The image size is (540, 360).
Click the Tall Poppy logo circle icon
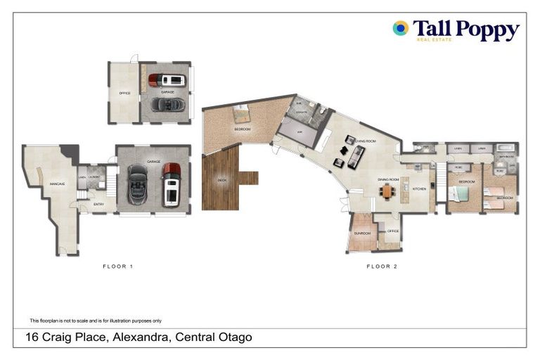click(400, 28)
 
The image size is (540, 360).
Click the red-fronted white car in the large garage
click(171, 184)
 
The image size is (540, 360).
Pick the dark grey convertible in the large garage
click(138, 185)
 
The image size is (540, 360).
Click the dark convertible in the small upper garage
click(168, 104)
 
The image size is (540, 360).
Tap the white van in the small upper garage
click(167, 79)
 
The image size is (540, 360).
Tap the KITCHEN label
click(419, 188)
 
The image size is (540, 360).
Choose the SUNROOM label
click(362, 232)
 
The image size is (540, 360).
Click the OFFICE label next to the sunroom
click(392, 231)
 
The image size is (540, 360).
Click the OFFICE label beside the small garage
click(124, 92)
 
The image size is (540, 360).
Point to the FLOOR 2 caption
click(382, 266)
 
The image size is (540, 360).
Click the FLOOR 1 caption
click(117, 266)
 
